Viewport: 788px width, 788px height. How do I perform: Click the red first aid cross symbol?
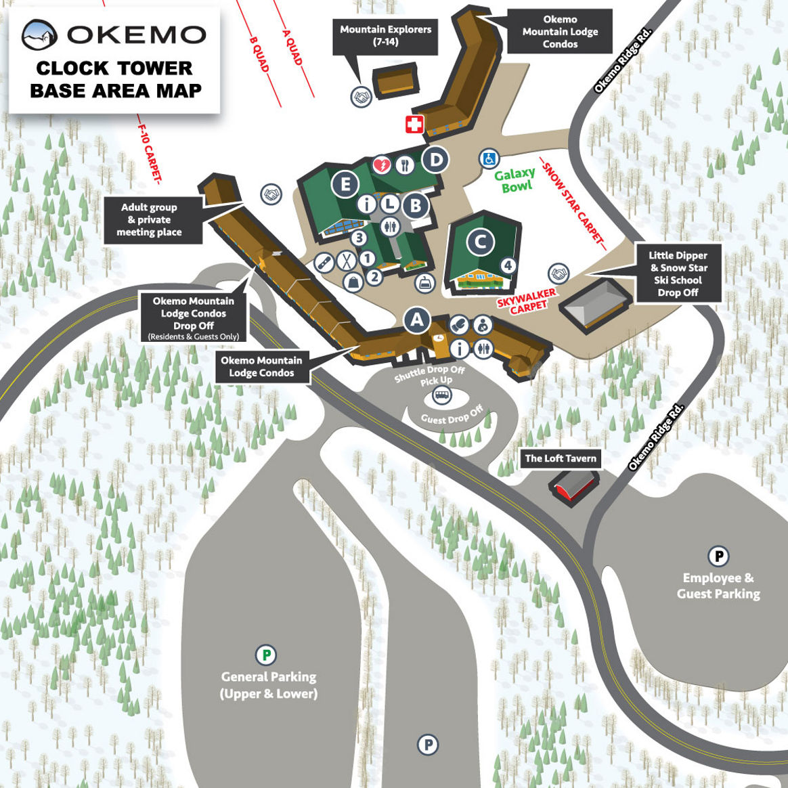coord(414,124)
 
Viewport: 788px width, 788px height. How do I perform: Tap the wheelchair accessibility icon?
coord(489,159)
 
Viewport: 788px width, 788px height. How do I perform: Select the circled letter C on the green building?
coord(481,242)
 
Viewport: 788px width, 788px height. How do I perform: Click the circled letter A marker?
coord(417,320)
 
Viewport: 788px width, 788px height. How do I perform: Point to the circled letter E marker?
coord(345,183)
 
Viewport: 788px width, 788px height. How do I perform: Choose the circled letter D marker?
coord(436,160)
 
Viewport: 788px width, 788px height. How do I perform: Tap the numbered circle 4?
coord(508,266)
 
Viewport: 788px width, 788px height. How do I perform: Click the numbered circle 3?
coord(359,238)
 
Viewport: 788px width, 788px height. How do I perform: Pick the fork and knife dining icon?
coord(405,165)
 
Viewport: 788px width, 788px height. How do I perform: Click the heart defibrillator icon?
coord(382,165)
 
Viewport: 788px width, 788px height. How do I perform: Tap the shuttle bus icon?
coord(442,395)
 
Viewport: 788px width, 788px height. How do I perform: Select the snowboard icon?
coord(325,262)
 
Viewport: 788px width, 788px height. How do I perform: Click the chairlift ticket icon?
coord(425,283)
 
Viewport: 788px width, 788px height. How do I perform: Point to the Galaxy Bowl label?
coord(516,180)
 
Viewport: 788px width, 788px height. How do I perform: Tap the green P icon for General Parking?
coord(266,655)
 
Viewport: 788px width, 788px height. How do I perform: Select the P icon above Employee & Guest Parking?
coord(718,556)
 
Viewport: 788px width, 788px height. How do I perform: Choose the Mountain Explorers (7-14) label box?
coord(385,36)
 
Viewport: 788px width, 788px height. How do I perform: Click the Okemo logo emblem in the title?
coord(39,35)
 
